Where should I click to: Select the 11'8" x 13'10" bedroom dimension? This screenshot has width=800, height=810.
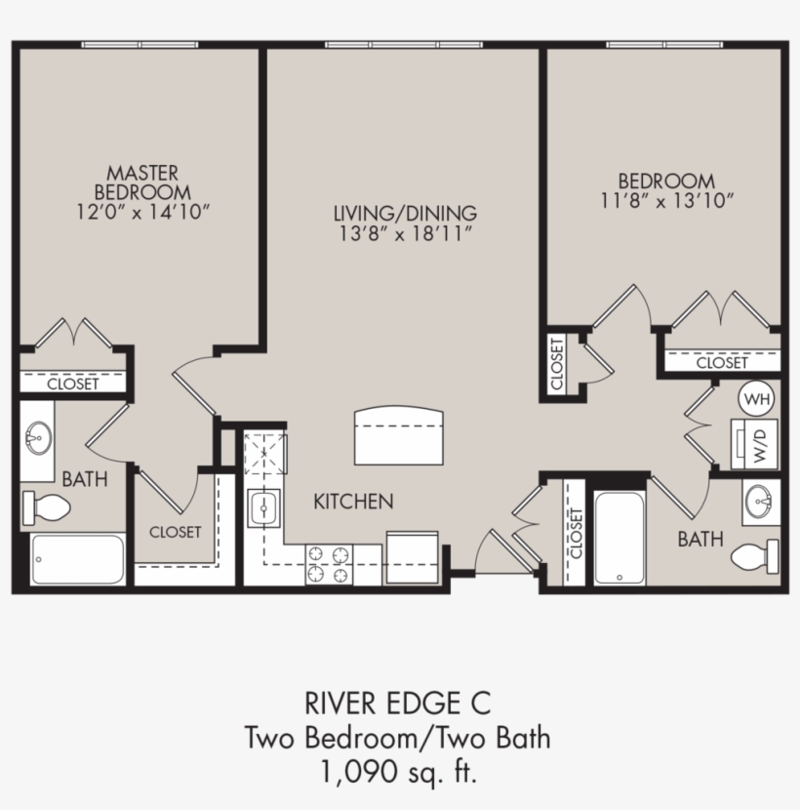(666, 200)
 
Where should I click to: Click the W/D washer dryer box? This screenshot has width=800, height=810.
(756, 445)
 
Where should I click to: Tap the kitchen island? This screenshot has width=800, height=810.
(398, 436)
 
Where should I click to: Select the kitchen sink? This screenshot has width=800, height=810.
(262, 507)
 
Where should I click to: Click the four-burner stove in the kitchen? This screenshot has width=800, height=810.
(329, 565)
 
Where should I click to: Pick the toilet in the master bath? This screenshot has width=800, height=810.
(47, 506)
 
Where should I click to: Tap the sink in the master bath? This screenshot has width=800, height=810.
(38, 438)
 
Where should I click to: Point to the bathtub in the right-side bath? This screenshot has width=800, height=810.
(619, 538)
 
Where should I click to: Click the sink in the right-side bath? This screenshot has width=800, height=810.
(760, 501)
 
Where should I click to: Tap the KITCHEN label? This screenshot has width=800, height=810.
(353, 502)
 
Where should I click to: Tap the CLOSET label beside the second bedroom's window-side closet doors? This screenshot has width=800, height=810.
(722, 362)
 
